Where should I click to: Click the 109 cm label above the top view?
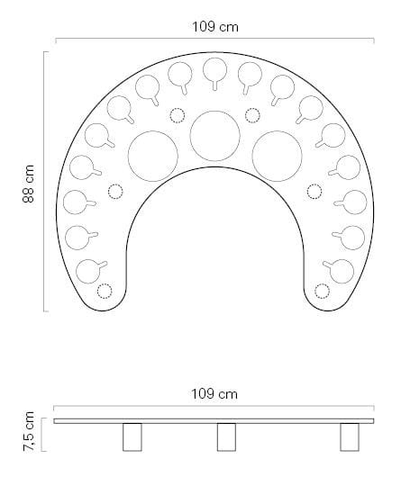215,26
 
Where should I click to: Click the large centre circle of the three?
214,135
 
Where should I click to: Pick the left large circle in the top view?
153,155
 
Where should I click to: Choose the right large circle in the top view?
277,155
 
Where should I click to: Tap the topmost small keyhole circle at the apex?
214,70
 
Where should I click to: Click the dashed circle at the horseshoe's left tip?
105,290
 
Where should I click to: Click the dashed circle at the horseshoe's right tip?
324,290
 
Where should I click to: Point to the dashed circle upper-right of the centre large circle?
252,114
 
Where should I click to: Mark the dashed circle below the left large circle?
114,191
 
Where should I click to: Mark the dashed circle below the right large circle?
314,191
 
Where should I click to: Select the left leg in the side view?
133,436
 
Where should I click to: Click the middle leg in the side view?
226,436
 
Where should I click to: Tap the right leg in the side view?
350,436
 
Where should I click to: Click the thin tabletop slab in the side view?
214,420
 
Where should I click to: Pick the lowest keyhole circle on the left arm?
88,268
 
